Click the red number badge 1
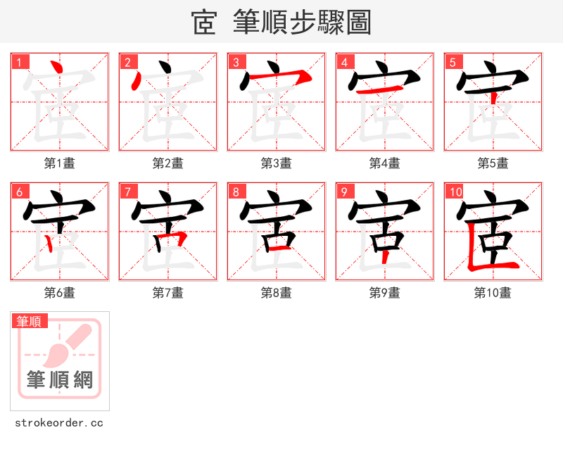click(x=20, y=62)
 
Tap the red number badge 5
click(x=453, y=62)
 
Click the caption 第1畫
click(x=59, y=163)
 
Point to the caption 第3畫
click(x=276, y=163)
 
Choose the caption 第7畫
click(x=167, y=293)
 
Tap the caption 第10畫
click(x=493, y=293)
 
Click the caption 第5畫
click(x=493, y=163)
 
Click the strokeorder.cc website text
click(x=59, y=423)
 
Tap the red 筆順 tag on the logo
click(x=30, y=321)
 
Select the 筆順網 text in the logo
click(x=60, y=381)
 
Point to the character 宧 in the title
click(x=204, y=23)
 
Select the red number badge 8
click(x=236, y=192)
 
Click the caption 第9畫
click(x=384, y=293)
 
